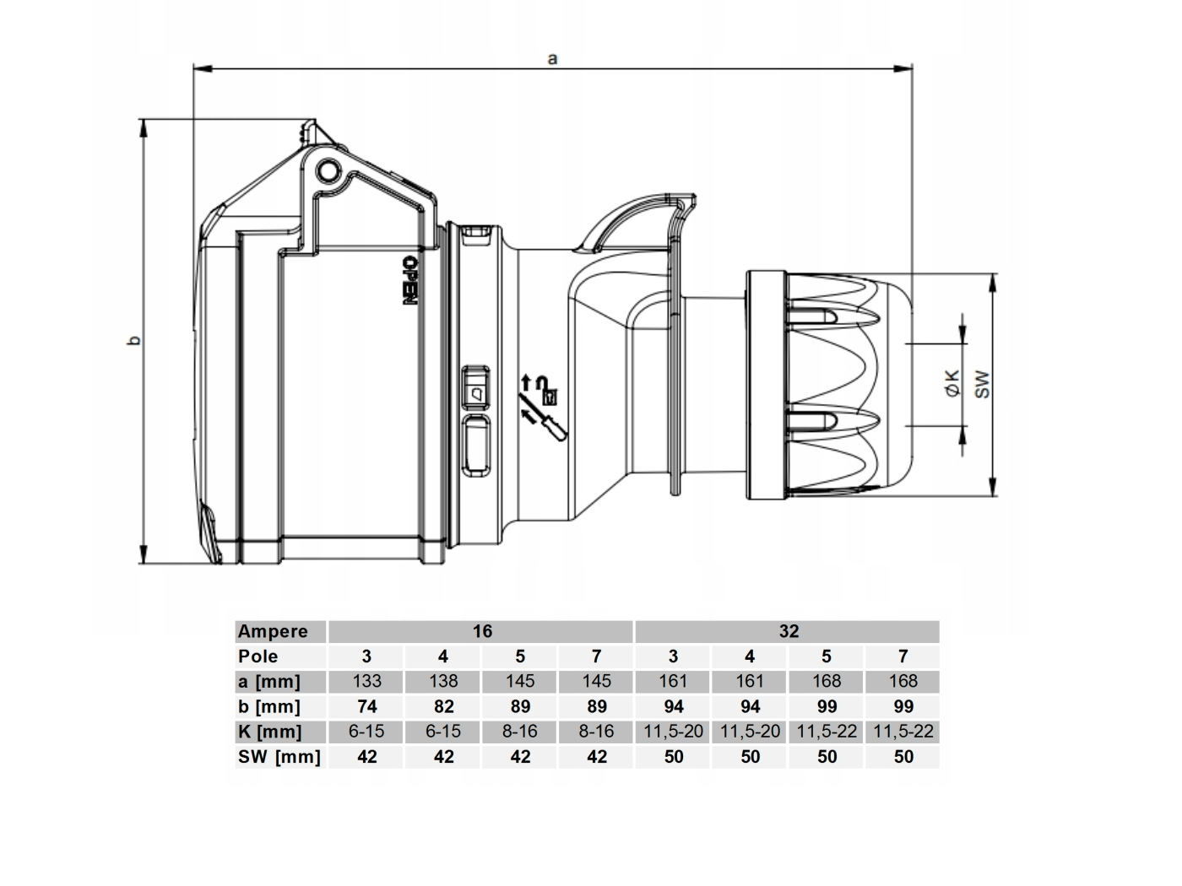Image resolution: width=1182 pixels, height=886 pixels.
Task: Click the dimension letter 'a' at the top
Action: pos(552,58)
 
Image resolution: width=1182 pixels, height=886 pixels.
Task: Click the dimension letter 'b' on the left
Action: pos(135,340)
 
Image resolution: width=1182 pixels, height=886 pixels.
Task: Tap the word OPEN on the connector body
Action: pos(409,280)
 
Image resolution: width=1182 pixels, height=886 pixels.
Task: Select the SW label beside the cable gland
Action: pos(982,384)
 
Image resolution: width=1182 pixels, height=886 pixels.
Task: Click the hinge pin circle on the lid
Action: pos(328,171)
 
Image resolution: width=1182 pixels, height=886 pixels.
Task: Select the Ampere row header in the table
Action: pos(273,631)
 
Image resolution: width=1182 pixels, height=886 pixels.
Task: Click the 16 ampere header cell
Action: pos(482,631)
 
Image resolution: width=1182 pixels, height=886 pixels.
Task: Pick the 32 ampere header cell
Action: pos(789,631)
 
